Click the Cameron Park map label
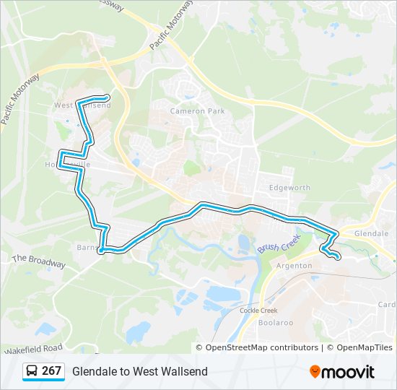coord(197,111)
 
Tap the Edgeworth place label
coord(289,188)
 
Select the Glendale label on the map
coord(372,234)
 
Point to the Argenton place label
coord(295,266)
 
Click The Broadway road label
coord(38,261)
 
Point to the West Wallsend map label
coord(82,106)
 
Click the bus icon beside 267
coord(32,371)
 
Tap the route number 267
coord(51,371)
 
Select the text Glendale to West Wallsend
coord(139,371)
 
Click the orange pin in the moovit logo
coord(315,371)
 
